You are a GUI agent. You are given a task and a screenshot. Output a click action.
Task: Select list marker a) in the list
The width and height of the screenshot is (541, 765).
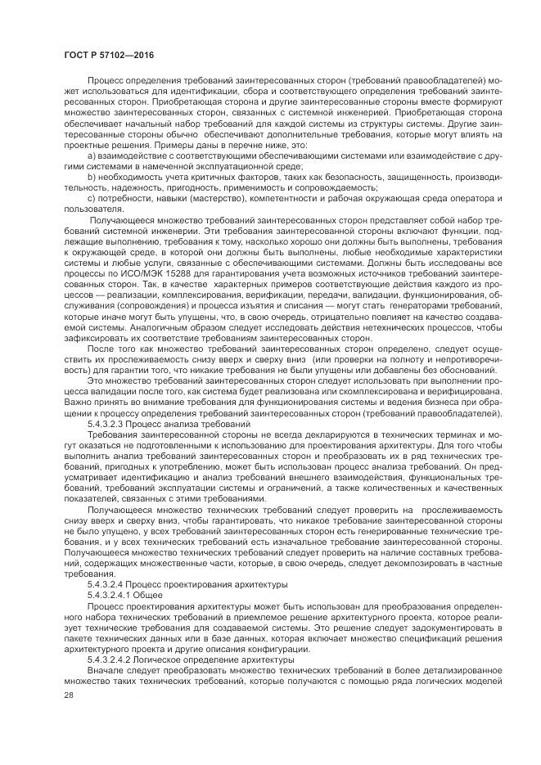click(90, 155)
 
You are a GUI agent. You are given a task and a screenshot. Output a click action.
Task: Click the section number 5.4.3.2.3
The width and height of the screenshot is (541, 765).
click(113, 425)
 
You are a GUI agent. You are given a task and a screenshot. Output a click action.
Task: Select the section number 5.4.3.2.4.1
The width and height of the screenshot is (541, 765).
click(117, 595)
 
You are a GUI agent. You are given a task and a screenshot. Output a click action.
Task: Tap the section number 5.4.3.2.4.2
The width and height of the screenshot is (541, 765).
click(117, 659)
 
